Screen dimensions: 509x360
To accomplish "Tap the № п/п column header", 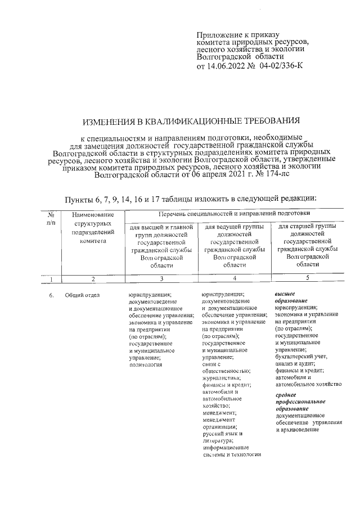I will coord(51,218).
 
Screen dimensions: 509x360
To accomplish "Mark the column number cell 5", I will coord(307,277).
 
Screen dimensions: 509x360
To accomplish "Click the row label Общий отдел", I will coord(82,295).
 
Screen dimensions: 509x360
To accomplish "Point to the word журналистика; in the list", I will coord(221,378).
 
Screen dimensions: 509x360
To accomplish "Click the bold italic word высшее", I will coord(285,294).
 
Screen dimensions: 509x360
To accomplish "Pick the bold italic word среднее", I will coord(286,395).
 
